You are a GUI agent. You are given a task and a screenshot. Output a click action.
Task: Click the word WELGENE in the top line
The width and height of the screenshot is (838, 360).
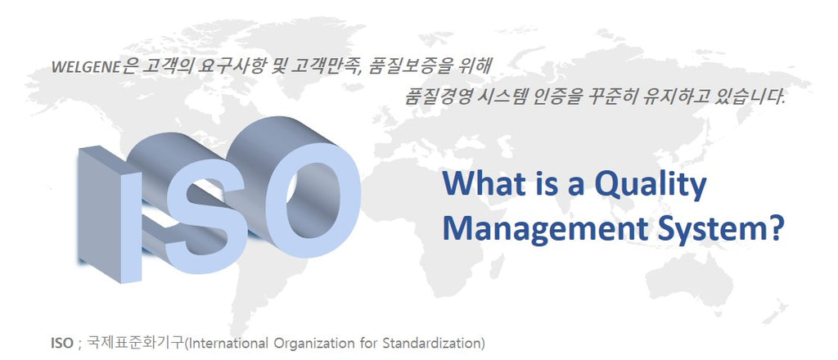tap(85, 68)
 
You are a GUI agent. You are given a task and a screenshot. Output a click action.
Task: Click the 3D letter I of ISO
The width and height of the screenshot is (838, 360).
tap(110, 214)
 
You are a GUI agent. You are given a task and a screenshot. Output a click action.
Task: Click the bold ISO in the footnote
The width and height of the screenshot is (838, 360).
tap(61, 343)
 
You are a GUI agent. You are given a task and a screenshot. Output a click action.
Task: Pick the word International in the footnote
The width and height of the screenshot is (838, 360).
tap(228, 343)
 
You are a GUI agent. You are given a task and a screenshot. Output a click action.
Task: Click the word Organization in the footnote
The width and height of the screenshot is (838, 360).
tap(308, 344)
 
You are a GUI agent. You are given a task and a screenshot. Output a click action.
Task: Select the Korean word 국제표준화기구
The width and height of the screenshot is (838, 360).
tap(135, 342)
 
